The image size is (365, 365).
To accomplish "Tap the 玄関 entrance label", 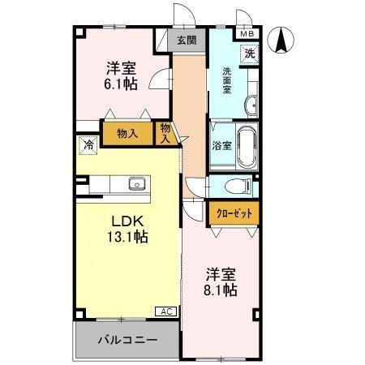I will click(x=186, y=39).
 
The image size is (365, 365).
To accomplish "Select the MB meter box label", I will click(x=245, y=35).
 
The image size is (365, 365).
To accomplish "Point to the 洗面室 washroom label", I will click(x=229, y=79).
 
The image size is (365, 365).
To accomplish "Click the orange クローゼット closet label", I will click(x=234, y=213).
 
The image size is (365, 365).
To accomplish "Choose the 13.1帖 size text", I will click(x=128, y=237).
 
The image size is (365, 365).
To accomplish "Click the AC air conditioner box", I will click(x=165, y=311).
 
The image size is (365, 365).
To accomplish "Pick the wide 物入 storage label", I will click(x=126, y=132).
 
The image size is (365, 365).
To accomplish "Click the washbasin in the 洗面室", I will click(x=251, y=104).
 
